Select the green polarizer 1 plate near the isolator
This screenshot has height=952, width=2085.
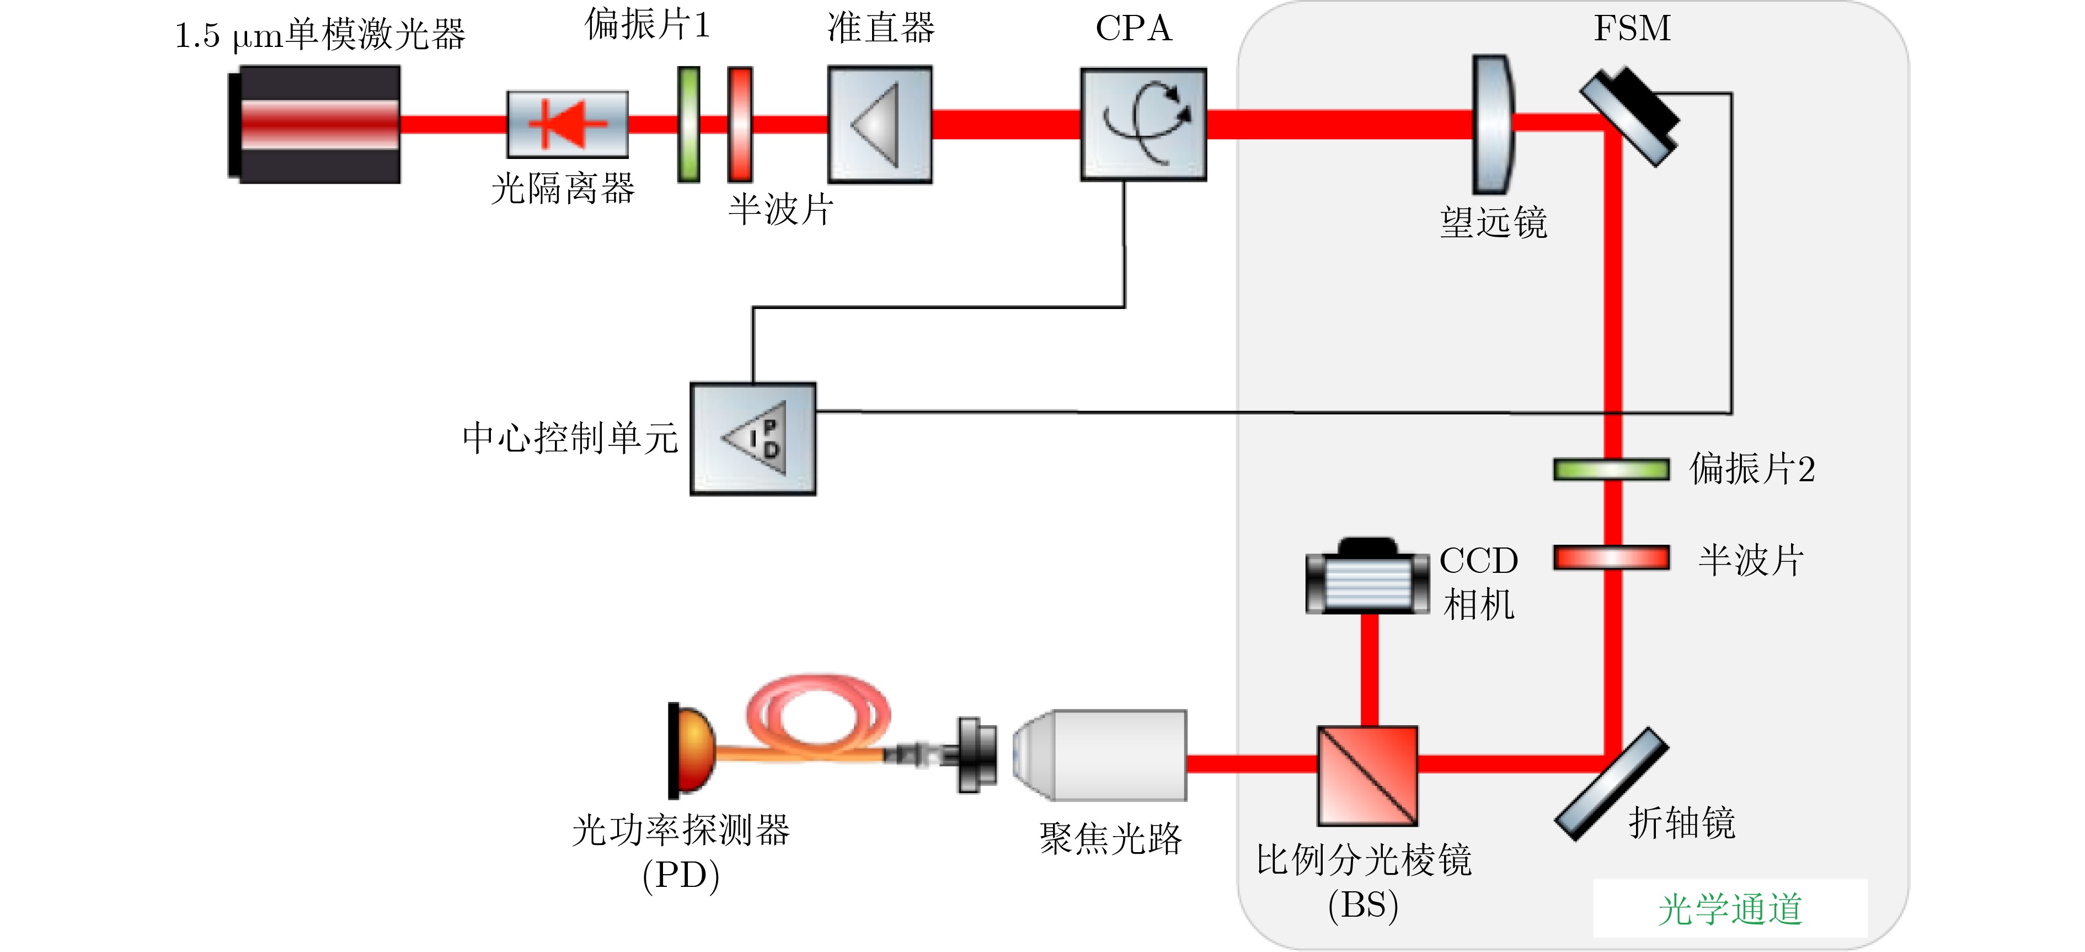pos(689,124)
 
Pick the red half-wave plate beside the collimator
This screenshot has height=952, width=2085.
pos(740,124)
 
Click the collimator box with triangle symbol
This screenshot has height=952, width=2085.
pos(880,124)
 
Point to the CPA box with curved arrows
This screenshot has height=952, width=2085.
pos(1143,124)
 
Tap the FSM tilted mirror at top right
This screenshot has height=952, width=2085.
pos(1630,116)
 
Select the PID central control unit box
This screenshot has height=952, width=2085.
pos(753,439)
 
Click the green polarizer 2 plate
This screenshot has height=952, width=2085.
pos(1611,470)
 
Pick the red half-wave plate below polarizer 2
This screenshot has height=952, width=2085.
pos(1611,558)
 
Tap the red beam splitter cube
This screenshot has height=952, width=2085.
pos(1367,775)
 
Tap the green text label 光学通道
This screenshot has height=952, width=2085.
pos(1730,908)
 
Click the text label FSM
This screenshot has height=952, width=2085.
pos(1632,28)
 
